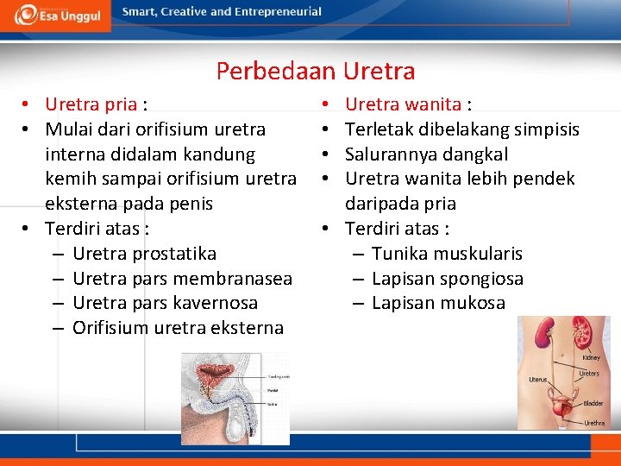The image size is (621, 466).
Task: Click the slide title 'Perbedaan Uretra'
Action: tap(316, 71)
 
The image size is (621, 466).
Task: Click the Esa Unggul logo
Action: tap(55, 15)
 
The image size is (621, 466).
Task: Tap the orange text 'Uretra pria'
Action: tap(91, 105)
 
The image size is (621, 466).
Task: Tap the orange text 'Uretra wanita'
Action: tap(402, 105)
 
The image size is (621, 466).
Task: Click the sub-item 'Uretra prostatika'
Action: tap(144, 254)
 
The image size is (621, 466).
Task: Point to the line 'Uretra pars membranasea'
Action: tap(182, 279)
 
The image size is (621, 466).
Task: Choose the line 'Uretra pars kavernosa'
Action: tap(165, 303)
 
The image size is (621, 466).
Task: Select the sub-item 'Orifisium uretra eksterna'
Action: tap(178, 328)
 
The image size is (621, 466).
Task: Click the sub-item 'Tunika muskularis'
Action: tap(447, 254)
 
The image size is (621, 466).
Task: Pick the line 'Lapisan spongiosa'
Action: tap(448, 279)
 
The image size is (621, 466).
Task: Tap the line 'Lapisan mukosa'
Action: tap(438, 303)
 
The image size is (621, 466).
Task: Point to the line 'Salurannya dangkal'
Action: tap(426, 154)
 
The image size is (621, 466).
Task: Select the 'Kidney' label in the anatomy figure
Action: tap(591, 357)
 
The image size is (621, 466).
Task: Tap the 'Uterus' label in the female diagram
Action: tap(538, 379)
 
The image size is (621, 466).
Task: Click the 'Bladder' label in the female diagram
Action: tap(593, 403)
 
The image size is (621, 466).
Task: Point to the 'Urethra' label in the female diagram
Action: tap(594, 423)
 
